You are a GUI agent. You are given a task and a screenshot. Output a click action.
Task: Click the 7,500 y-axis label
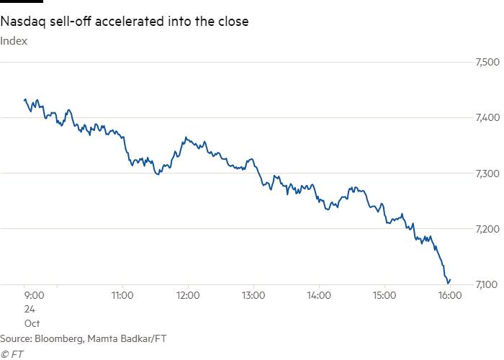tap(487, 62)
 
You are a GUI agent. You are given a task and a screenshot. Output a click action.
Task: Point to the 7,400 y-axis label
tap(487, 117)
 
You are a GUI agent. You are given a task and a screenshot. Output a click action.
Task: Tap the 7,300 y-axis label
tap(487, 174)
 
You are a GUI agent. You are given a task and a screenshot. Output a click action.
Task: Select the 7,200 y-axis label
tap(487, 229)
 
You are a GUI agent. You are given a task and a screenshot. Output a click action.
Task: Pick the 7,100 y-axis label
tap(487, 284)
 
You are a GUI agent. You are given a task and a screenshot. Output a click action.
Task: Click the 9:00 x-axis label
tap(34, 295)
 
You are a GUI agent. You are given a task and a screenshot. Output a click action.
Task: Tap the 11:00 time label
tap(122, 295)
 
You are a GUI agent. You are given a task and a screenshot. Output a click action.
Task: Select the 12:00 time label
tap(188, 295)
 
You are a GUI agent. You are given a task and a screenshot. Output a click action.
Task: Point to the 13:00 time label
tap(253, 295)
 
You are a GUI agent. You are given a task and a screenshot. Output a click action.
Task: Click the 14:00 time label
tap(319, 295)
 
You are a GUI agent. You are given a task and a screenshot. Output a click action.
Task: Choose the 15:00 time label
tap(384, 295)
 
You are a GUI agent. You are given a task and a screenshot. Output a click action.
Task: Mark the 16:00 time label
tap(450, 295)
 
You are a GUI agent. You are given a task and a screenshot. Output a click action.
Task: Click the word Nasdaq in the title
tap(23, 22)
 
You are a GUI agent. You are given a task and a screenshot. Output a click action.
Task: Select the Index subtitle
tap(14, 41)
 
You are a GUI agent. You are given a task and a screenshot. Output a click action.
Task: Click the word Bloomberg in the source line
tap(60, 339)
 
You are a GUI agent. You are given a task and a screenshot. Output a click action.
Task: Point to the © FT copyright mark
tap(12, 354)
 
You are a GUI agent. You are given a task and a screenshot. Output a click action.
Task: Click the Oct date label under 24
tap(32, 323)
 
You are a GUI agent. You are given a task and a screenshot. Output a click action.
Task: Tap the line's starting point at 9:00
tap(24, 100)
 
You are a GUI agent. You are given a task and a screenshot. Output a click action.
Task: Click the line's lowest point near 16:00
tap(448, 284)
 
